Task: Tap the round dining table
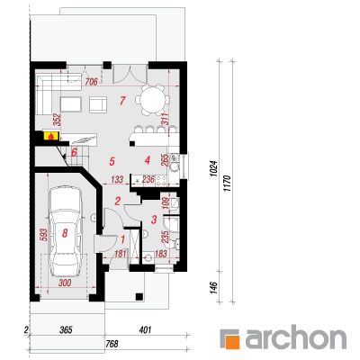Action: (x=153, y=100)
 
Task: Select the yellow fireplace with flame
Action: (x=51, y=136)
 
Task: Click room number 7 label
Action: (x=121, y=101)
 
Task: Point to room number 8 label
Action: (x=65, y=233)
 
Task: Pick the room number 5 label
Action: (x=112, y=161)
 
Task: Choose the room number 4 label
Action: (x=147, y=160)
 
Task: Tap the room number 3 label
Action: (x=154, y=220)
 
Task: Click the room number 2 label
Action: (x=118, y=201)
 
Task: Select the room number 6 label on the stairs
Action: (x=74, y=152)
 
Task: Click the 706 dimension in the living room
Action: (x=92, y=81)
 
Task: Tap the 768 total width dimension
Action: (x=112, y=344)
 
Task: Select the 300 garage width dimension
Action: (x=65, y=283)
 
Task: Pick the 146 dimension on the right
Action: (x=215, y=287)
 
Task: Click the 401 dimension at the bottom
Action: (x=145, y=330)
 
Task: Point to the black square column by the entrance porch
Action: (x=139, y=296)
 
